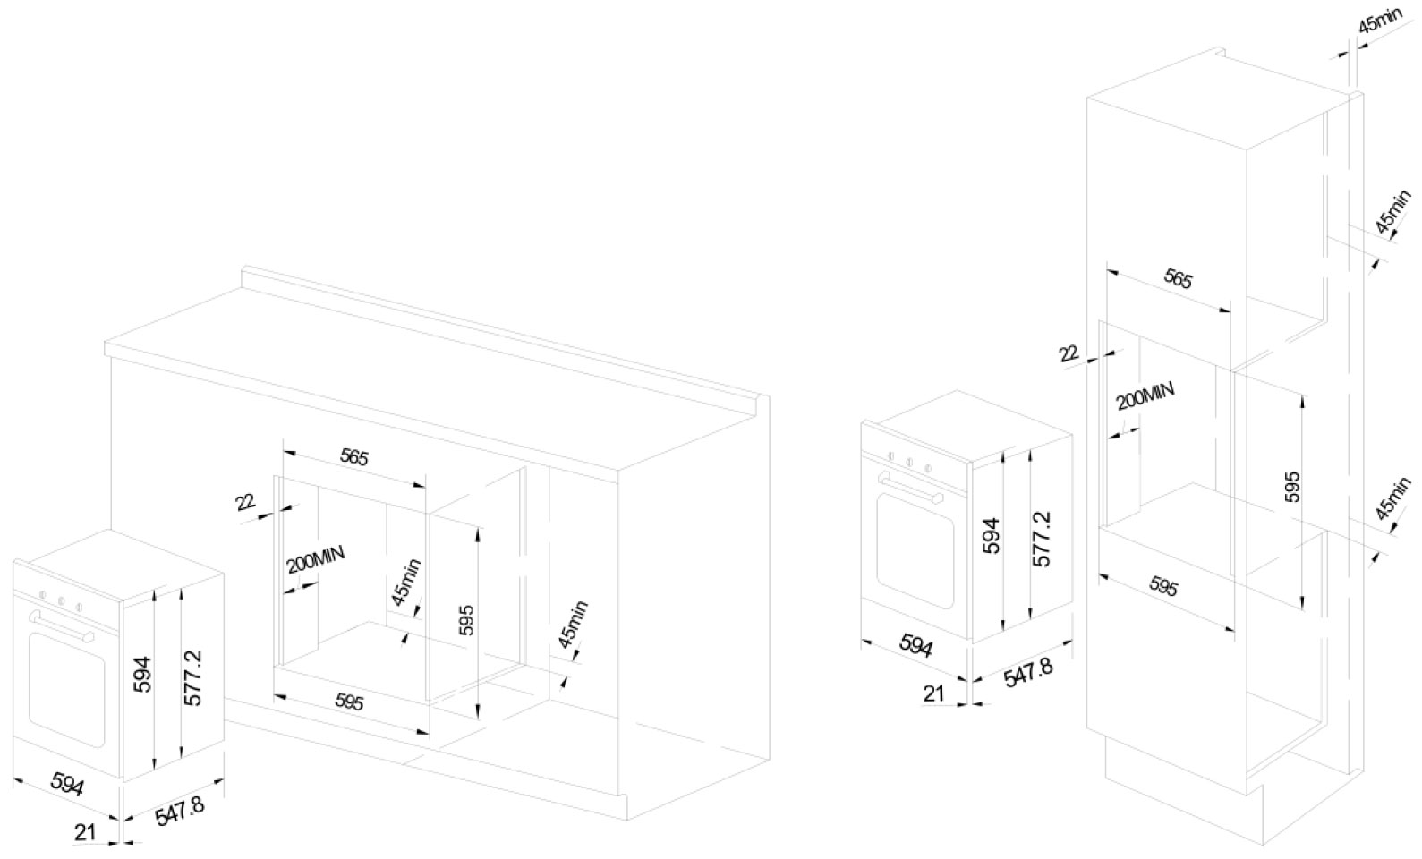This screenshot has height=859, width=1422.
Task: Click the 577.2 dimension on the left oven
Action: pyautogui.click(x=192, y=678)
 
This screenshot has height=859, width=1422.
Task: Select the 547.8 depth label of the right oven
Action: pyautogui.click(x=1028, y=671)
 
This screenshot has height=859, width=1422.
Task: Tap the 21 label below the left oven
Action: pyautogui.click(x=85, y=832)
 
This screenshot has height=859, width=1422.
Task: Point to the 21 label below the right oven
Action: pyautogui.click(x=933, y=693)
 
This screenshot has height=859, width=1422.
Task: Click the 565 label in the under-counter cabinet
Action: pyautogui.click(x=354, y=457)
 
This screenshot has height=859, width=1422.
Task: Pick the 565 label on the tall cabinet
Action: pyautogui.click(x=1178, y=279)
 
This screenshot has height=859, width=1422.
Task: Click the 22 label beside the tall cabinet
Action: pyautogui.click(x=1069, y=353)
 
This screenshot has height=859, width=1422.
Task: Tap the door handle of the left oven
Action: pyautogui.click(x=61, y=625)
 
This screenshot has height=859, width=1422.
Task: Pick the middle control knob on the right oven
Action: pyautogui.click(x=908, y=461)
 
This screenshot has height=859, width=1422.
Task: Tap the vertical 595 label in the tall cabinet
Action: pyautogui.click(x=1291, y=487)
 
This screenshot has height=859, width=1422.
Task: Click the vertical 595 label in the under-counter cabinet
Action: pyautogui.click(x=466, y=620)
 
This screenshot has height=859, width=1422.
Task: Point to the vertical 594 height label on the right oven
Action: pyautogui.click(x=992, y=535)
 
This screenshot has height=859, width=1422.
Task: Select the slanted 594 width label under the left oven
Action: pyautogui.click(x=67, y=784)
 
